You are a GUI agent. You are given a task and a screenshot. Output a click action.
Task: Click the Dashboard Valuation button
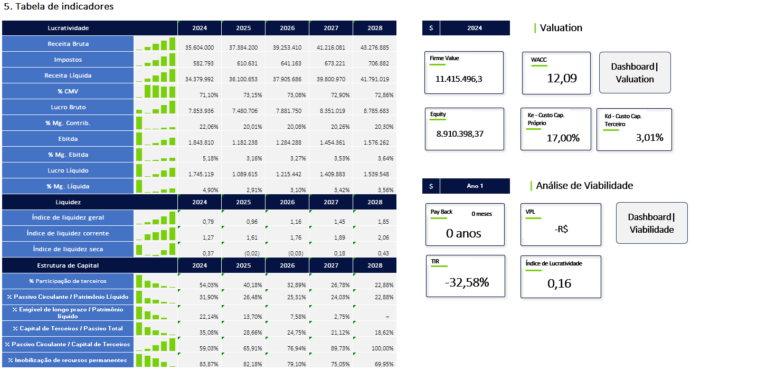[635, 73]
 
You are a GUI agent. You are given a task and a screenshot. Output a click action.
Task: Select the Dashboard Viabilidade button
[651, 223]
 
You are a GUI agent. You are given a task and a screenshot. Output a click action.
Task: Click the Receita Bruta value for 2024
[200, 47]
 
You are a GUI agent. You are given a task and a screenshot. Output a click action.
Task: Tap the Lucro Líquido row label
[68, 170]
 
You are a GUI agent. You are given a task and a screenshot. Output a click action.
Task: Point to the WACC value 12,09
[562, 79]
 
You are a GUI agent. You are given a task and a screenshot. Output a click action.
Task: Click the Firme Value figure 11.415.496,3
[459, 79]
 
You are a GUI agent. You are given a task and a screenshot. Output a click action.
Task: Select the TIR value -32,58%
[467, 282]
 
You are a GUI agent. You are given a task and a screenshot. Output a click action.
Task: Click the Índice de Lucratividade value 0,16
[559, 283]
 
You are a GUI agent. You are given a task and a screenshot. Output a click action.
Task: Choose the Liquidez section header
[68, 202]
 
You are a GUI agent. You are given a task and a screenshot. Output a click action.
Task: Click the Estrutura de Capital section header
[68, 265]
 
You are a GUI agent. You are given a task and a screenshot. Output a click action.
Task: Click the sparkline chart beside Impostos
[156, 60]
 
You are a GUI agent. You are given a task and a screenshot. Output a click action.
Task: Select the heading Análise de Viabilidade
[584, 186]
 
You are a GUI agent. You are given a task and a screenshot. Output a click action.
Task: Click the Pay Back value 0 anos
[463, 233]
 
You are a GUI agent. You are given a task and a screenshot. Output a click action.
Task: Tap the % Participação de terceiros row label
[68, 281]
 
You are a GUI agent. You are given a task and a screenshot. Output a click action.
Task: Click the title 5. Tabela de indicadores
[59, 7]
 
